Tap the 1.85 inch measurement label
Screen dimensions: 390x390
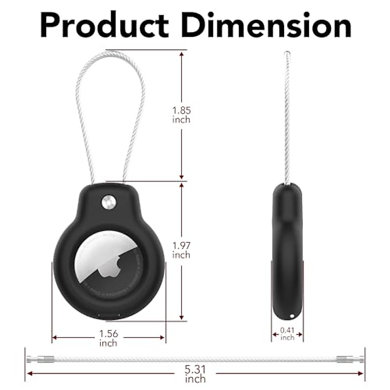pyautogui.click(x=181, y=115)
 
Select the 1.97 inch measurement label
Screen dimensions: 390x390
pyautogui.click(x=181, y=250)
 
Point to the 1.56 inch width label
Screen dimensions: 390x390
pyautogui.click(x=109, y=338)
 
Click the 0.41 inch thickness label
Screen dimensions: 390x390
pyautogui.click(x=287, y=334)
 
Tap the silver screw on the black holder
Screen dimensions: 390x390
pyautogui.click(x=109, y=203)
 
